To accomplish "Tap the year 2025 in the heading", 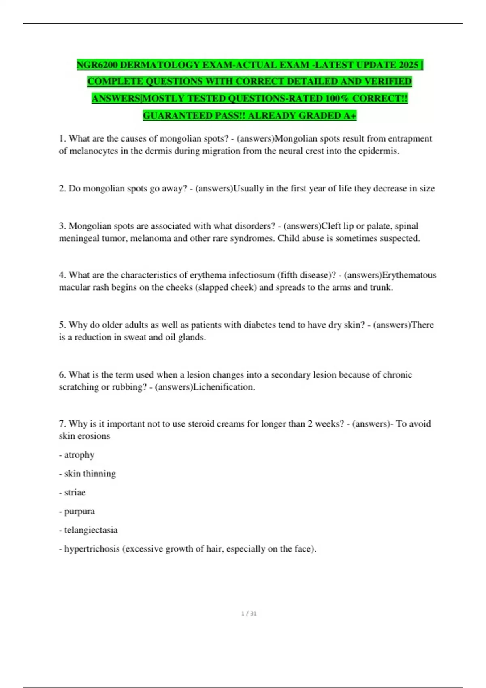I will coord(408,65).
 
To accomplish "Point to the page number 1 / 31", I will coord(249,614).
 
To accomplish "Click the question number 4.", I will coord(62,275).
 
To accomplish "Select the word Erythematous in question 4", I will coord(409,275).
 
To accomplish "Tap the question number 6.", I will coord(62,375).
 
